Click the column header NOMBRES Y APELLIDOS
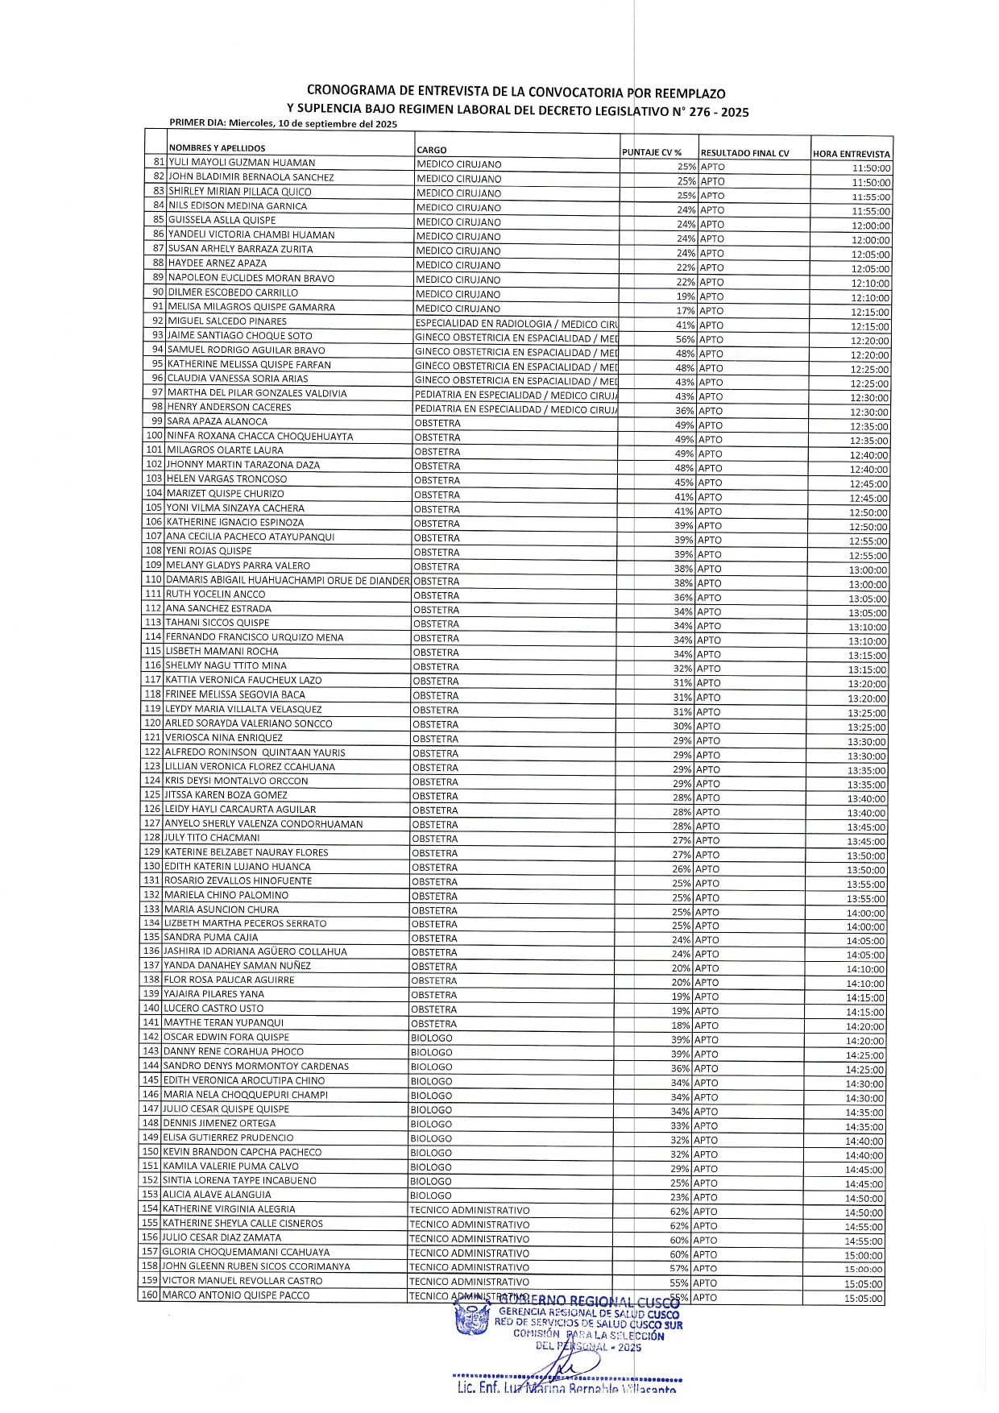coord(217,148)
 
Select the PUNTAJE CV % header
coord(652,152)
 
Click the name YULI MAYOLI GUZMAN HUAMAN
coord(242,162)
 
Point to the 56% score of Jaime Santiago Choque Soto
coord(685,339)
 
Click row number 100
coord(154,436)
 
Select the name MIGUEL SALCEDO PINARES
coord(227,321)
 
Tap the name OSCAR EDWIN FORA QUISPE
coord(226,1038)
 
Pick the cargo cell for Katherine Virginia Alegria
coord(469,1210)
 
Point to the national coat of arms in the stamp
coord(472,1322)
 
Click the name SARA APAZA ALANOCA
coord(218,421)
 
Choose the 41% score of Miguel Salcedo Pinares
coord(685,325)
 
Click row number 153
coord(150,1195)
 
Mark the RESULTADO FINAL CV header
coord(744,153)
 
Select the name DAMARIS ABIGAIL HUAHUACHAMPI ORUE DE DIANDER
coord(288,580)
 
